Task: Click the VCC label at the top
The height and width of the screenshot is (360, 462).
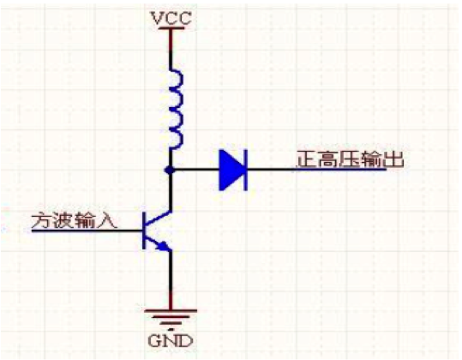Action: tap(171, 18)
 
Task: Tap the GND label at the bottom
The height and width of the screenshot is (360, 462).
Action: tap(171, 341)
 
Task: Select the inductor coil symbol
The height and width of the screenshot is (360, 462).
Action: tap(177, 109)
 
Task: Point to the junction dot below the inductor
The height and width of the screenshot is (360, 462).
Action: tap(170, 170)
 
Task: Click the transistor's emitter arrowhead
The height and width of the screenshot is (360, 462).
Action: tap(164, 246)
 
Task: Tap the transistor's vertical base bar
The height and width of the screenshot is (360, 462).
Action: tap(144, 230)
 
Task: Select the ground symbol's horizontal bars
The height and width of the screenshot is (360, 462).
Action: tap(171, 318)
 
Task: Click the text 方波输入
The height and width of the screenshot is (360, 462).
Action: tap(74, 220)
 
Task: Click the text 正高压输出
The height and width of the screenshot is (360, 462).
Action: tap(350, 159)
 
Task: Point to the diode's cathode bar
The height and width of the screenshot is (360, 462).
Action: tap(245, 170)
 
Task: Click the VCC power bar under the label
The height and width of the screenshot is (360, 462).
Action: tap(171, 28)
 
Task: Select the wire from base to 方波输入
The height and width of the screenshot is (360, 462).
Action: tap(87, 231)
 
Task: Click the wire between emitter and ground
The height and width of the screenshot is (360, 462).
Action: tap(171, 280)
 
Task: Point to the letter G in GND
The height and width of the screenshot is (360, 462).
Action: tap(154, 341)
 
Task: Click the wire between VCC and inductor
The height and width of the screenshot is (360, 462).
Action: tap(171, 50)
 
